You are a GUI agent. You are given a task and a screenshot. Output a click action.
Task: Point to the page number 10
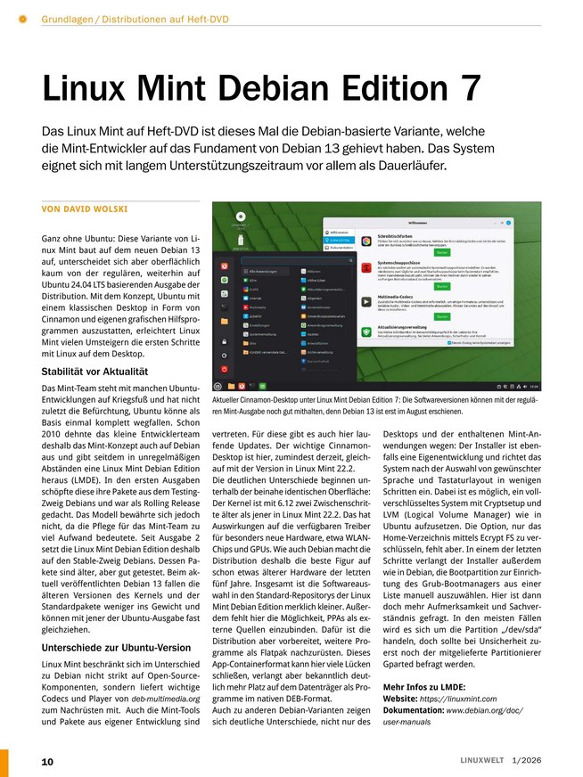(x=47, y=761)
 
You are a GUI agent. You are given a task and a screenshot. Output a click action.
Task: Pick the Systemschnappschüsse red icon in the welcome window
(x=365, y=266)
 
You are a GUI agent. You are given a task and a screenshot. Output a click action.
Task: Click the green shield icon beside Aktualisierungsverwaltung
(x=365, y=331)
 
